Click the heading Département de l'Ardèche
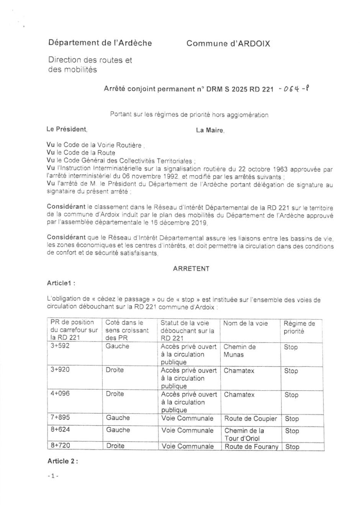(x=100, y=43)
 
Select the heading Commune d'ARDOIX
(x=228, y=44)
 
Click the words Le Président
(x=67, y=129)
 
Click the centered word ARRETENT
(x=191, y=269)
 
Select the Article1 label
(x=61, y=283)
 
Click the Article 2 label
(x=62, y=461)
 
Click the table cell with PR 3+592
(x=60, y=346)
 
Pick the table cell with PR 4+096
(x=61, y=394)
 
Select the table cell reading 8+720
(x=61, y=445)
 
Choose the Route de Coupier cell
(x=250, y=419)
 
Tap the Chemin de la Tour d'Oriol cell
(x=244, y=434)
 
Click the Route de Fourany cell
(x=251, y=447)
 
